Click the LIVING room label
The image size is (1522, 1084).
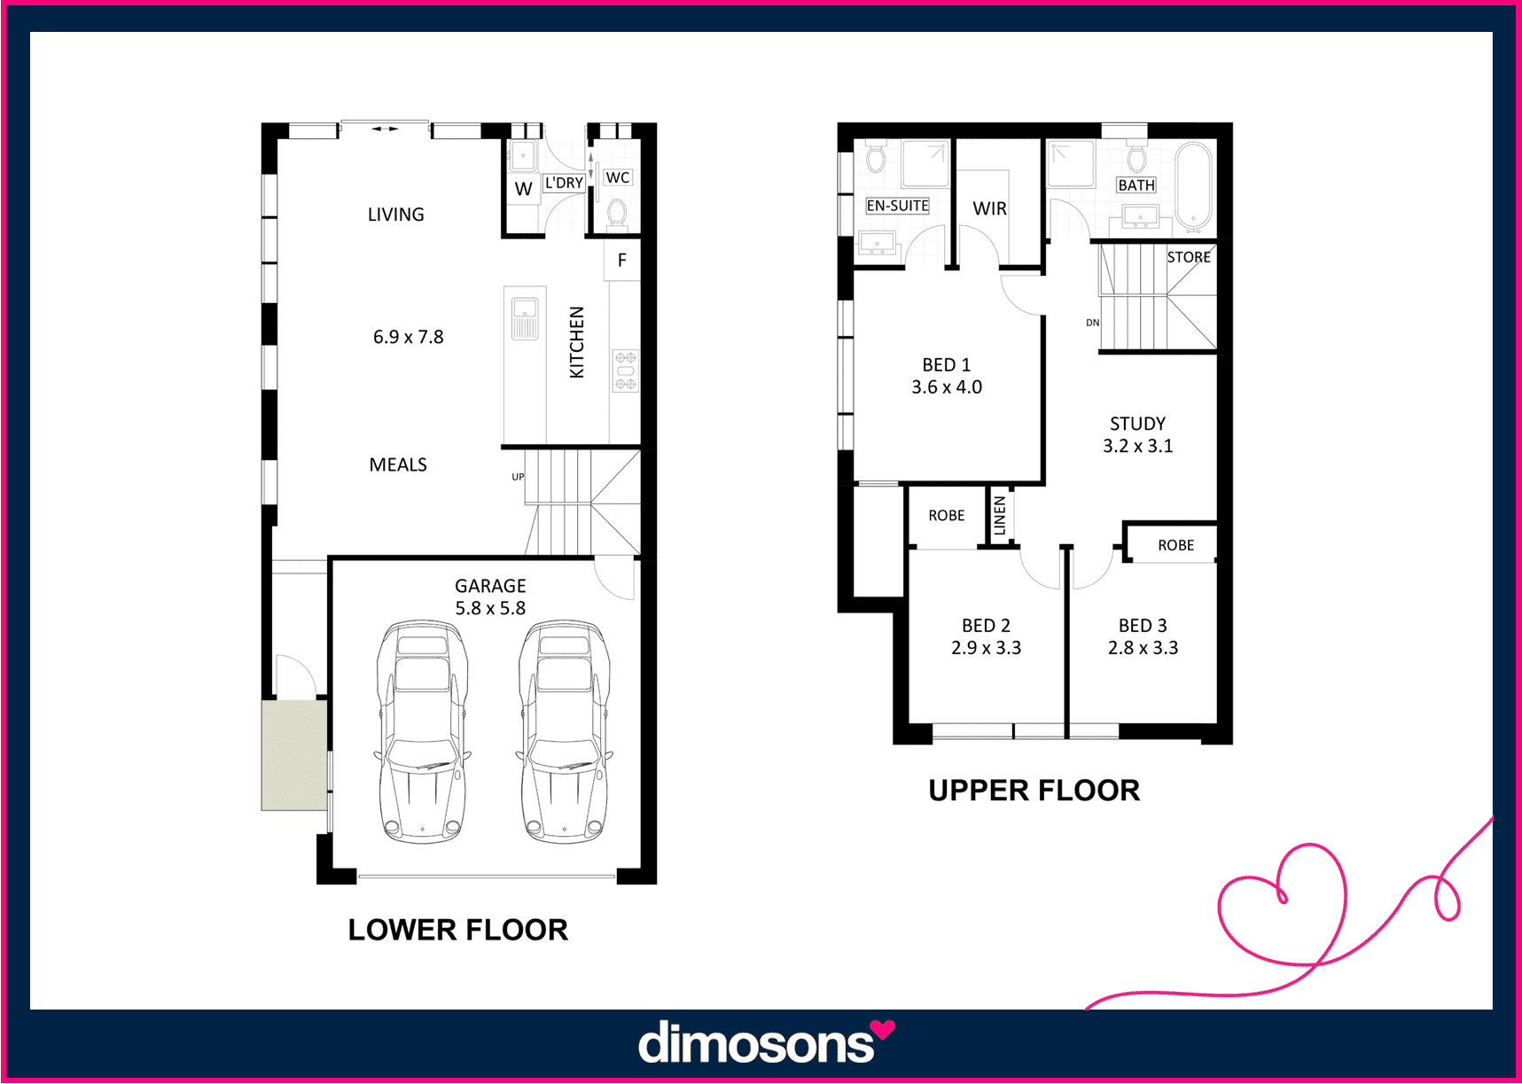click(395, 214)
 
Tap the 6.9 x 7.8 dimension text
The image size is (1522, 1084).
click(408, 337)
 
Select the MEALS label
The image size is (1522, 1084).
click(398, 464)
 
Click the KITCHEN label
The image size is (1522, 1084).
click(577, 342)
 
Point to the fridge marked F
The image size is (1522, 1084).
click(622, 260)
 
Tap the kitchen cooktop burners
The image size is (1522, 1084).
click(626, 370)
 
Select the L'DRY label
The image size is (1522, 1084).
click(564, 183)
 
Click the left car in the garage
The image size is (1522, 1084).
click(422, 731)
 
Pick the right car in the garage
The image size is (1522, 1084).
click(564, 731)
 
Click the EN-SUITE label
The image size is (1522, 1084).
click(897, 206)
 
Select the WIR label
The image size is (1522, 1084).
click(989, 208)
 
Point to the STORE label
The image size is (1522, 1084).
click(1189, 257)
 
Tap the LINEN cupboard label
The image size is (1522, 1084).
click(1000, 515)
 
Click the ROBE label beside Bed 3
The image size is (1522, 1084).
click(1175, 545)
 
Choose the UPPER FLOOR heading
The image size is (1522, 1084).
click(1034, 791)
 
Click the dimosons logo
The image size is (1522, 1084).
click(766, 1041)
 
